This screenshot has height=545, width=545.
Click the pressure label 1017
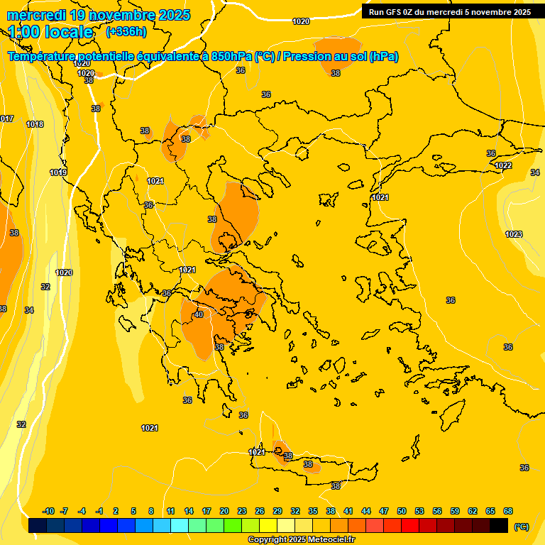click(6, 119)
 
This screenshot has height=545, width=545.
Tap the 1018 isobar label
click(35, 124)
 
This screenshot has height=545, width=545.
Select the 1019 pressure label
click(58, 172)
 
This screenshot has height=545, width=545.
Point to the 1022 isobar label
click(503, 165)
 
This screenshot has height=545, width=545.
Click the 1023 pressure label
click(514, 234)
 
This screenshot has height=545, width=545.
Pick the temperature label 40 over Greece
click(199, 314)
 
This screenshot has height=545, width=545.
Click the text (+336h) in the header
click(126, 32)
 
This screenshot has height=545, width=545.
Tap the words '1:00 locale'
click(50, 32)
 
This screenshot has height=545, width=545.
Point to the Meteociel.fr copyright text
click(301, 539)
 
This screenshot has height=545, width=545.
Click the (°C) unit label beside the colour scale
click(521, 527)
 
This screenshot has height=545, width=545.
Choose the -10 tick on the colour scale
click(49, 511)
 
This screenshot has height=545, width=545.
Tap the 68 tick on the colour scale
click(508, 511)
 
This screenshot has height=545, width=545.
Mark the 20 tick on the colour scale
click(224, 511)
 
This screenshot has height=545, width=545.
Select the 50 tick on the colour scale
click(402, 511)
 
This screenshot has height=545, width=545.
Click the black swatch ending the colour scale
click(499, 525)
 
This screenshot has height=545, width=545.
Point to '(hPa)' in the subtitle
click(384, 57)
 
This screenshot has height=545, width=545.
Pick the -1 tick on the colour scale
click(99, 511)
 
